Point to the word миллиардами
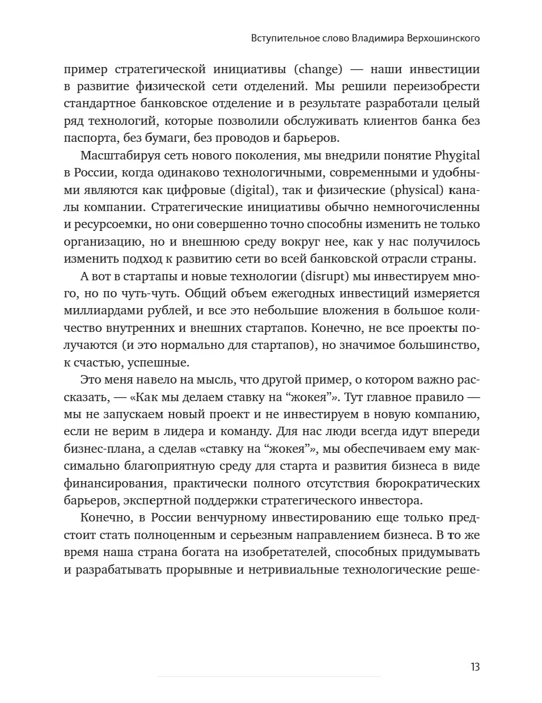tap(103, 310)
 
